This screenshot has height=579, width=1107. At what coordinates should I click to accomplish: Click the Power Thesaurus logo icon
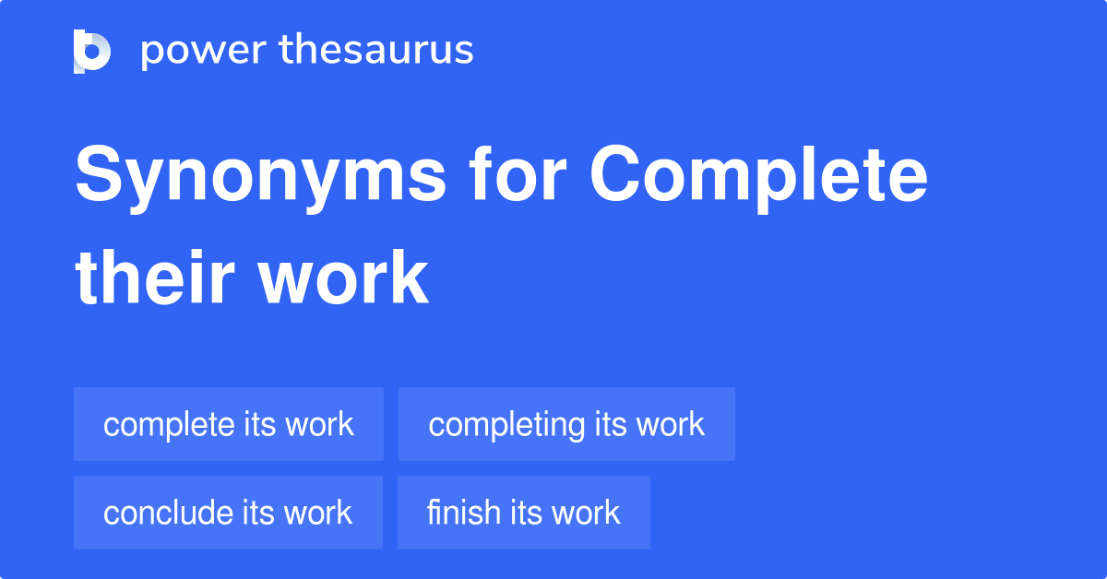[92, 51]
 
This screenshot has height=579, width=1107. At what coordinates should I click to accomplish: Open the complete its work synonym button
[229, 424]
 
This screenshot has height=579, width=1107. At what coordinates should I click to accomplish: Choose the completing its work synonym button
[566, 424]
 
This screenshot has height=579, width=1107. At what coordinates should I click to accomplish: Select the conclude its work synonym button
[228, 513]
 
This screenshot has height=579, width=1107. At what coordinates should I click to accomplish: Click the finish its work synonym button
[524, 513]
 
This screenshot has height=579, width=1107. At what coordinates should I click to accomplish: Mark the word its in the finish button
[524, 513]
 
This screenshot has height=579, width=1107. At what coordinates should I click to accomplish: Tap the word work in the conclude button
[317, 513]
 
